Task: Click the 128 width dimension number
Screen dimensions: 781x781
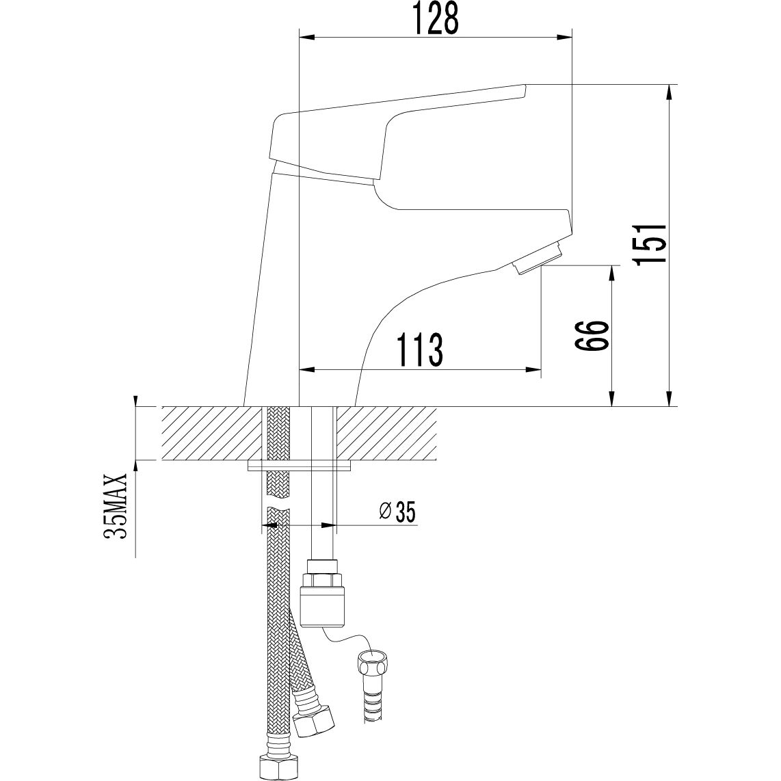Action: [436, 18]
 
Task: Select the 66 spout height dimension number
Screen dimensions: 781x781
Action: [592, 335]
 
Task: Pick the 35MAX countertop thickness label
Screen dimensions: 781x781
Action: [116, 505]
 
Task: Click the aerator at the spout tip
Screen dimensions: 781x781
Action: [540, 258]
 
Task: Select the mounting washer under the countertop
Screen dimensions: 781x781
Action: [299, 465]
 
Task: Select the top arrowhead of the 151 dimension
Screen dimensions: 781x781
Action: [672, 92]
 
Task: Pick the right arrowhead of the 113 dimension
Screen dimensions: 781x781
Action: [533, 369]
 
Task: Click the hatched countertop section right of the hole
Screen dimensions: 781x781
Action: [387, 434]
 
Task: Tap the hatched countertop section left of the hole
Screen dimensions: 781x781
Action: [211, 434]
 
